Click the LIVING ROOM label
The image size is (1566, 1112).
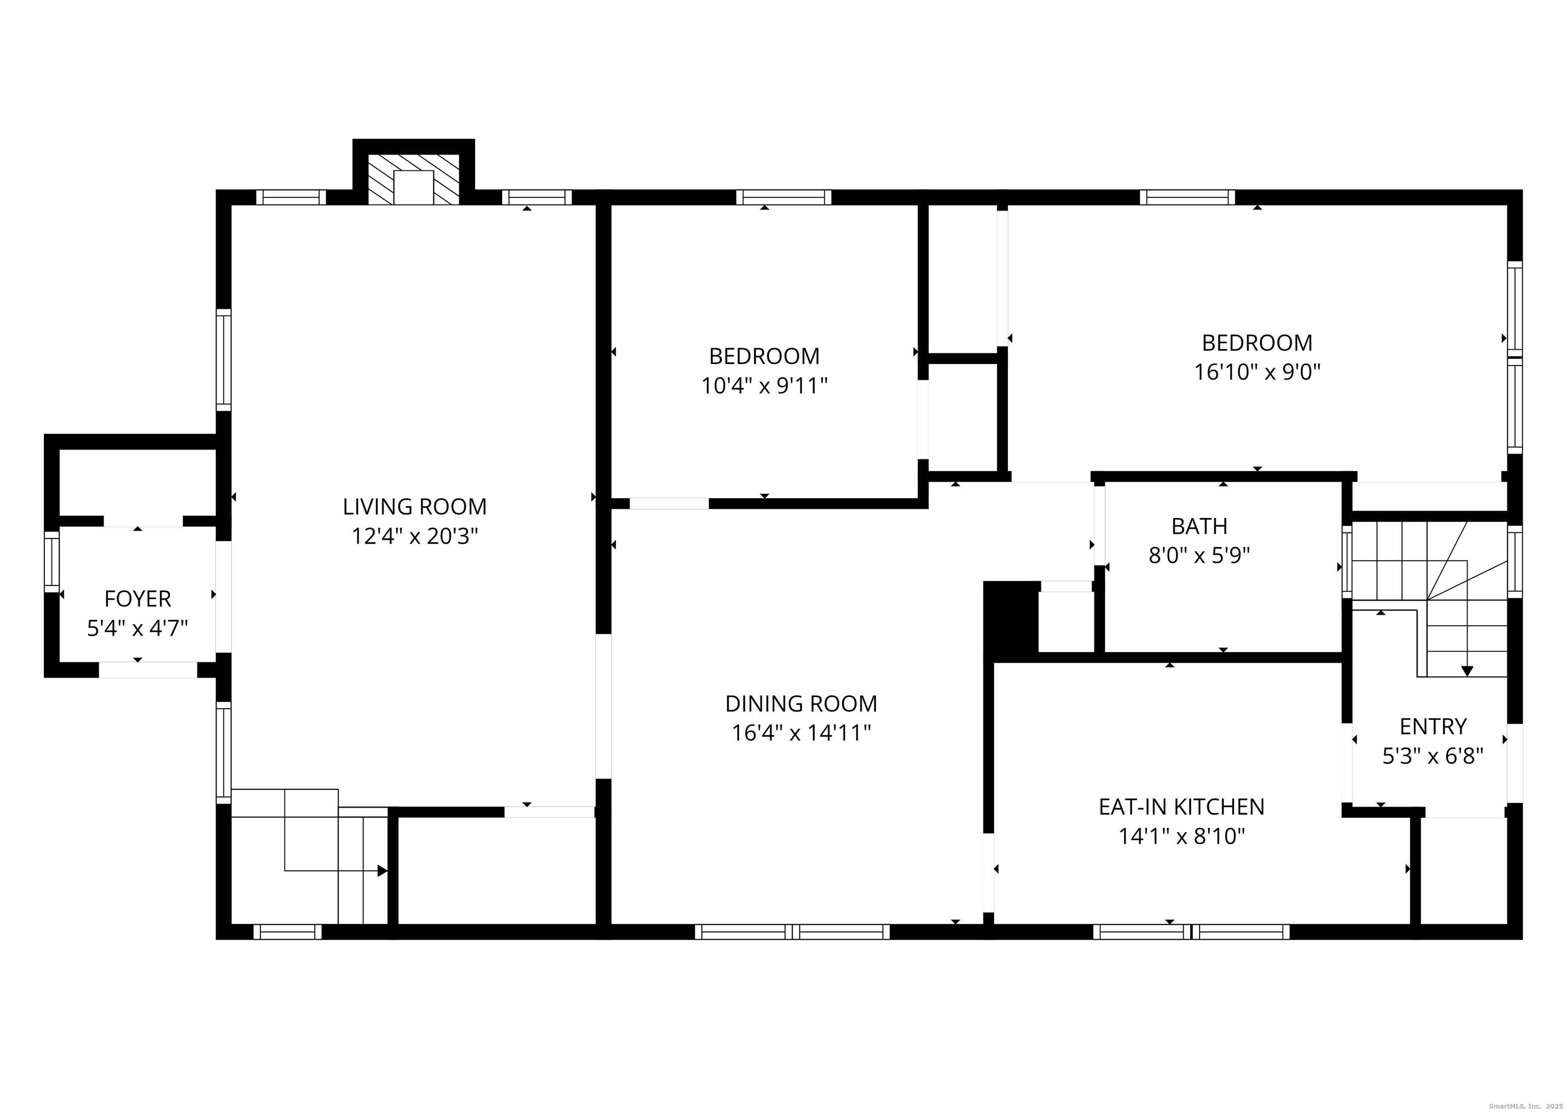pos(415,507)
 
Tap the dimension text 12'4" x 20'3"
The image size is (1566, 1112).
pos(415,536)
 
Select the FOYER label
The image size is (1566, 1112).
pos(138,599)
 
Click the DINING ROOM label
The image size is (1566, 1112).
pos(801,704)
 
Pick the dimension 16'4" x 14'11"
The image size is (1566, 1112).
pos(801,733)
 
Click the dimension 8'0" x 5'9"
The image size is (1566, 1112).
pos(1199,555)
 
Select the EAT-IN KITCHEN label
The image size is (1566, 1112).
pos(1181,807)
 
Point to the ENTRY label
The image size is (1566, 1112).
pos(1432,727)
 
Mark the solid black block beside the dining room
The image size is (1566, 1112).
pos(1011,617)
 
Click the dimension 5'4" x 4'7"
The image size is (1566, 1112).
pos(138,629)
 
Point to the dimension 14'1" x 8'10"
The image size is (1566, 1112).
pos(1181,837)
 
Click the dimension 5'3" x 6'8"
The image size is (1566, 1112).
pos(1432,756)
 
